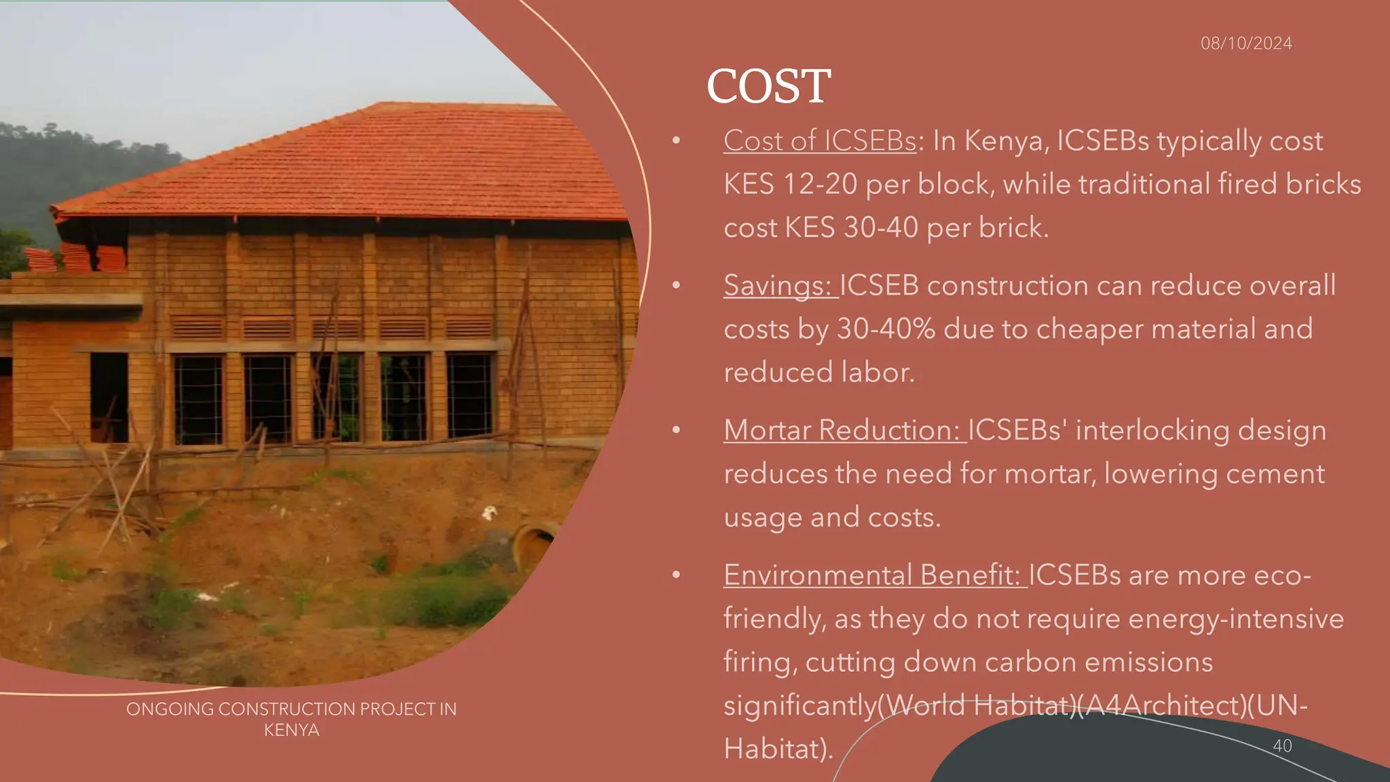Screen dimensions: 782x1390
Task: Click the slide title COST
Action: [x=768, y=86]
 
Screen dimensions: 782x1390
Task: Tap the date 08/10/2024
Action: [x=1246, y=43]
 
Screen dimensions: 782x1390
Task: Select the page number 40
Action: [x=1282, y=745]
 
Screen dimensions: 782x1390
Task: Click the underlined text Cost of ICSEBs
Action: [x=820, y=141]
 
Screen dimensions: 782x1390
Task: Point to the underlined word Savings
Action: [x=777, y=286]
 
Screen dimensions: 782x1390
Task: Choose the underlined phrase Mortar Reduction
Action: [x=842, y=430]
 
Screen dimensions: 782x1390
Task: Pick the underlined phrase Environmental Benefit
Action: [x=872, y=575]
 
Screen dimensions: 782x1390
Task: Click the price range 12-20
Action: [x=820, y=185]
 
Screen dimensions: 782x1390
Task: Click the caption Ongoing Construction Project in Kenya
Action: [x=291, y=719]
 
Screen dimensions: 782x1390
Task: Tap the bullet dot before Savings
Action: [x=676, y=286]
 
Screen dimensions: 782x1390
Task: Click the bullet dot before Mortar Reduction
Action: [x=676, y=430]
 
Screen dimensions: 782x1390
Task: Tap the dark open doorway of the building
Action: [x=109, y=397]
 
